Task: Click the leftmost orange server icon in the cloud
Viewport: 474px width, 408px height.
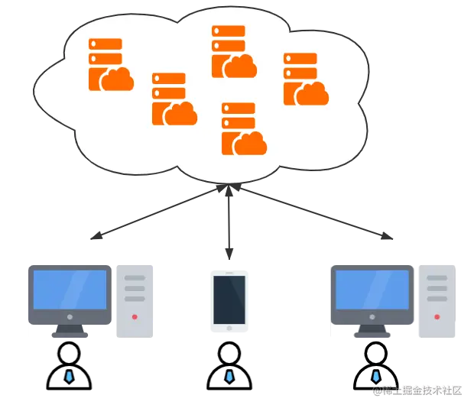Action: coord(109,65)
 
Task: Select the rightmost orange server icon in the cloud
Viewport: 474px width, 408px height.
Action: coord(304,79)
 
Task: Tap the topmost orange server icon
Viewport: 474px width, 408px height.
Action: coord(232,51)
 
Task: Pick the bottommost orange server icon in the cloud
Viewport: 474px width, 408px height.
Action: coord(242,128)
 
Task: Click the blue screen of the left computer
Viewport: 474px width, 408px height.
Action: coord(70,289)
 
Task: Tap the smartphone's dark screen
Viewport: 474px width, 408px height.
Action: coord(229,300)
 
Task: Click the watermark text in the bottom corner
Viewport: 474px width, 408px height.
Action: coord(418,390)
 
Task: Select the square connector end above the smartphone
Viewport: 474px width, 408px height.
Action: coord(229,251)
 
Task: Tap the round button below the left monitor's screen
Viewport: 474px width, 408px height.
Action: coord(70,316)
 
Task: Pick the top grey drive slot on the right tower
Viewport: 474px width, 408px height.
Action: coord(437,277)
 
